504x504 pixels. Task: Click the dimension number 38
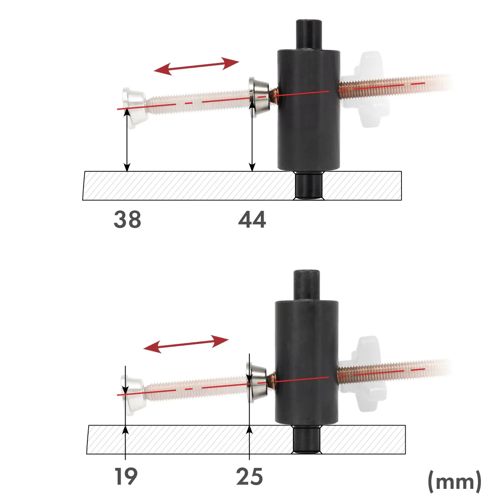pyautogui.click(x=127, y=220)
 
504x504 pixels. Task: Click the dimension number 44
pyautogui.click(x=252, y=220)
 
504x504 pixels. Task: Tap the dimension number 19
pyautogui.click(x=126, y=477)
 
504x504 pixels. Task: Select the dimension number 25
pyautogui.click(x=249, y=477)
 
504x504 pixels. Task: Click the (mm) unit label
pyautogui.click(x=454, y=481)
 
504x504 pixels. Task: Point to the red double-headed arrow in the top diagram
pyautogui.click(x=196, y=66)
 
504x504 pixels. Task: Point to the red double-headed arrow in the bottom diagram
pyautogui.click(x=186, y=344)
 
